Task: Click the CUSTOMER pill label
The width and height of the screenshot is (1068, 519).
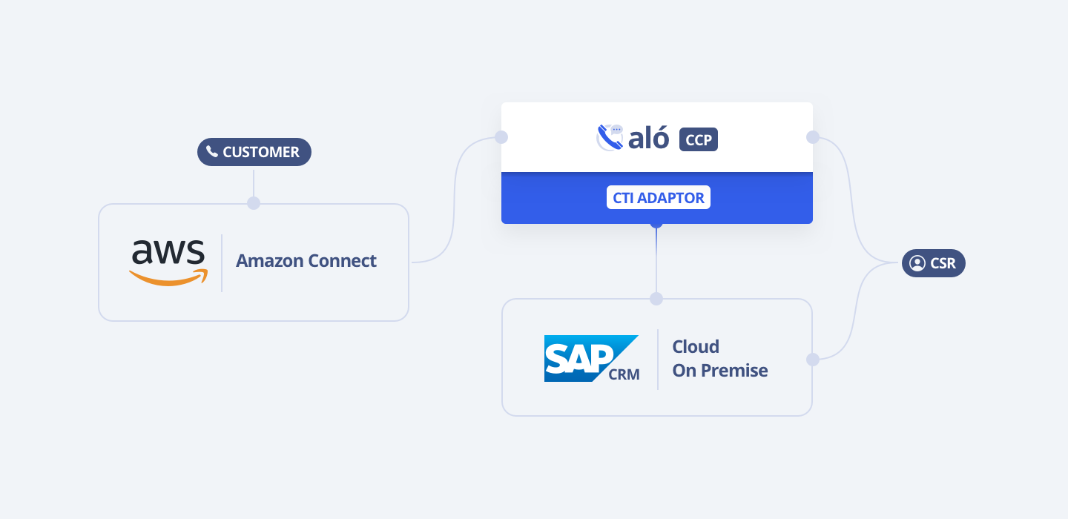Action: point(254,152)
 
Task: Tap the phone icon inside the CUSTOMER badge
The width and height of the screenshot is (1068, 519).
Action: point(212,152)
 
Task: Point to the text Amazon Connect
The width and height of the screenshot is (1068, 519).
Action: point(306,261)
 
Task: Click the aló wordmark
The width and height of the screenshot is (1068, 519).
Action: point(648,139)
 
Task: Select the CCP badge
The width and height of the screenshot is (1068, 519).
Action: point(699,139)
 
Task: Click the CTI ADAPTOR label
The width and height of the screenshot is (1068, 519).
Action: point(658,197)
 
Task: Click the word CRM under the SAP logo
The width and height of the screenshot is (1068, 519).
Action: point(624,374)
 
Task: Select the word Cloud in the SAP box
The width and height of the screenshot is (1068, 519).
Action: point(696,347)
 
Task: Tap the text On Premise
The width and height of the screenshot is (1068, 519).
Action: point(719,371)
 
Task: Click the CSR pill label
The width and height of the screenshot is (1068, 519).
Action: point(933,263)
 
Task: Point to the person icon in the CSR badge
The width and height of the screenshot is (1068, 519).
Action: point(917,263)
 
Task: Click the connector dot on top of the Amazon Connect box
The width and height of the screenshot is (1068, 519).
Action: point(254,203)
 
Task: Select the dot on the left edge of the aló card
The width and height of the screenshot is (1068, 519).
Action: point(501,137)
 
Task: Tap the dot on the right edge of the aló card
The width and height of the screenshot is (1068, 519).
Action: point(813,137)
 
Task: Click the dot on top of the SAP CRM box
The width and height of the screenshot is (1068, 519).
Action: point(656,299)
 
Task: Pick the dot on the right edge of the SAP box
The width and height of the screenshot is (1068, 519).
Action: point(813,360)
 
